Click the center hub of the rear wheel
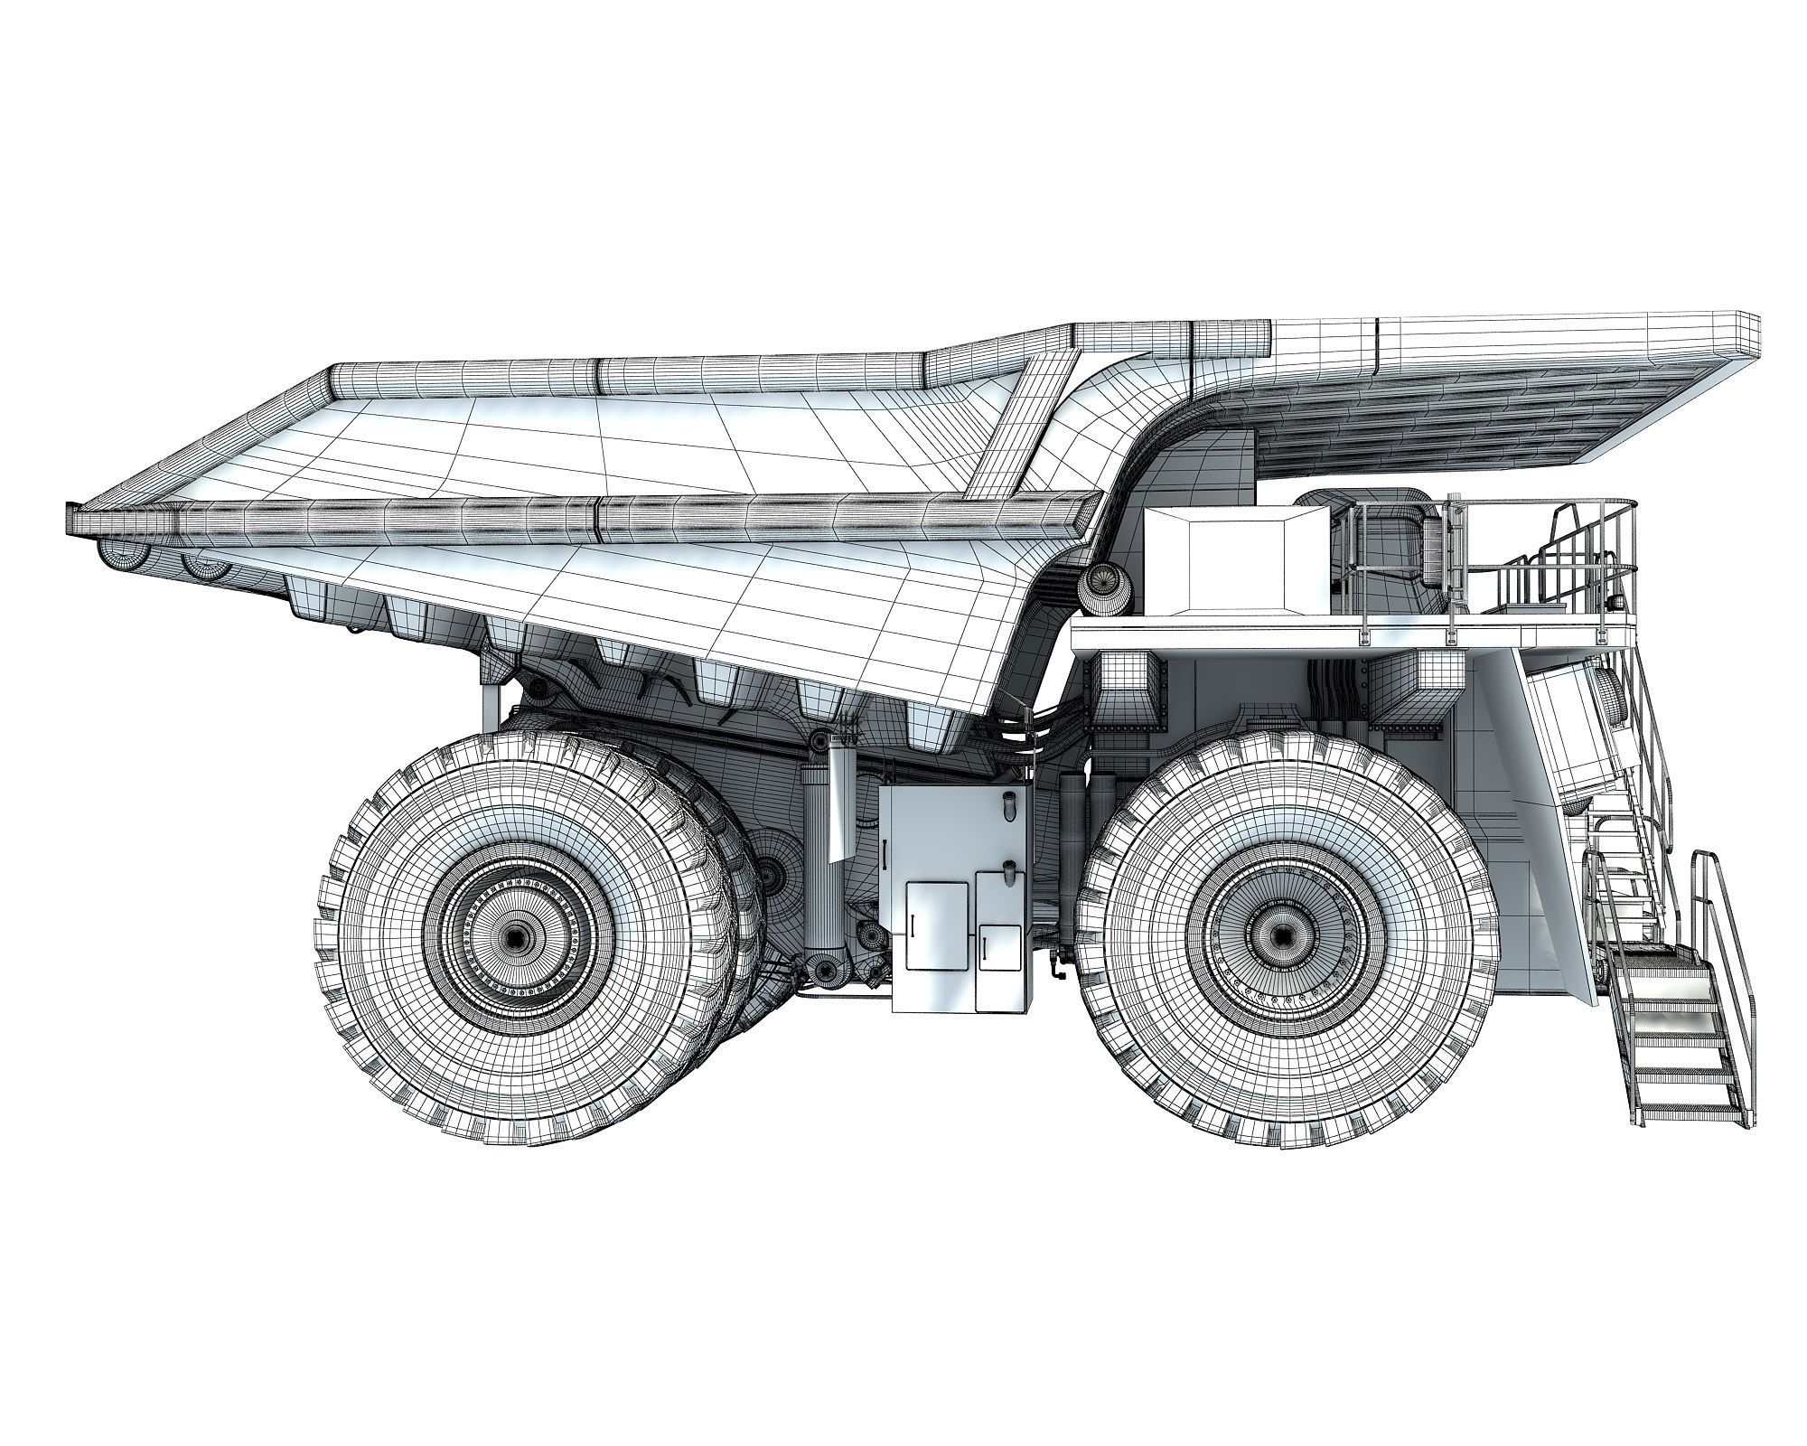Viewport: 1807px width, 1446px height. (513, 938)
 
